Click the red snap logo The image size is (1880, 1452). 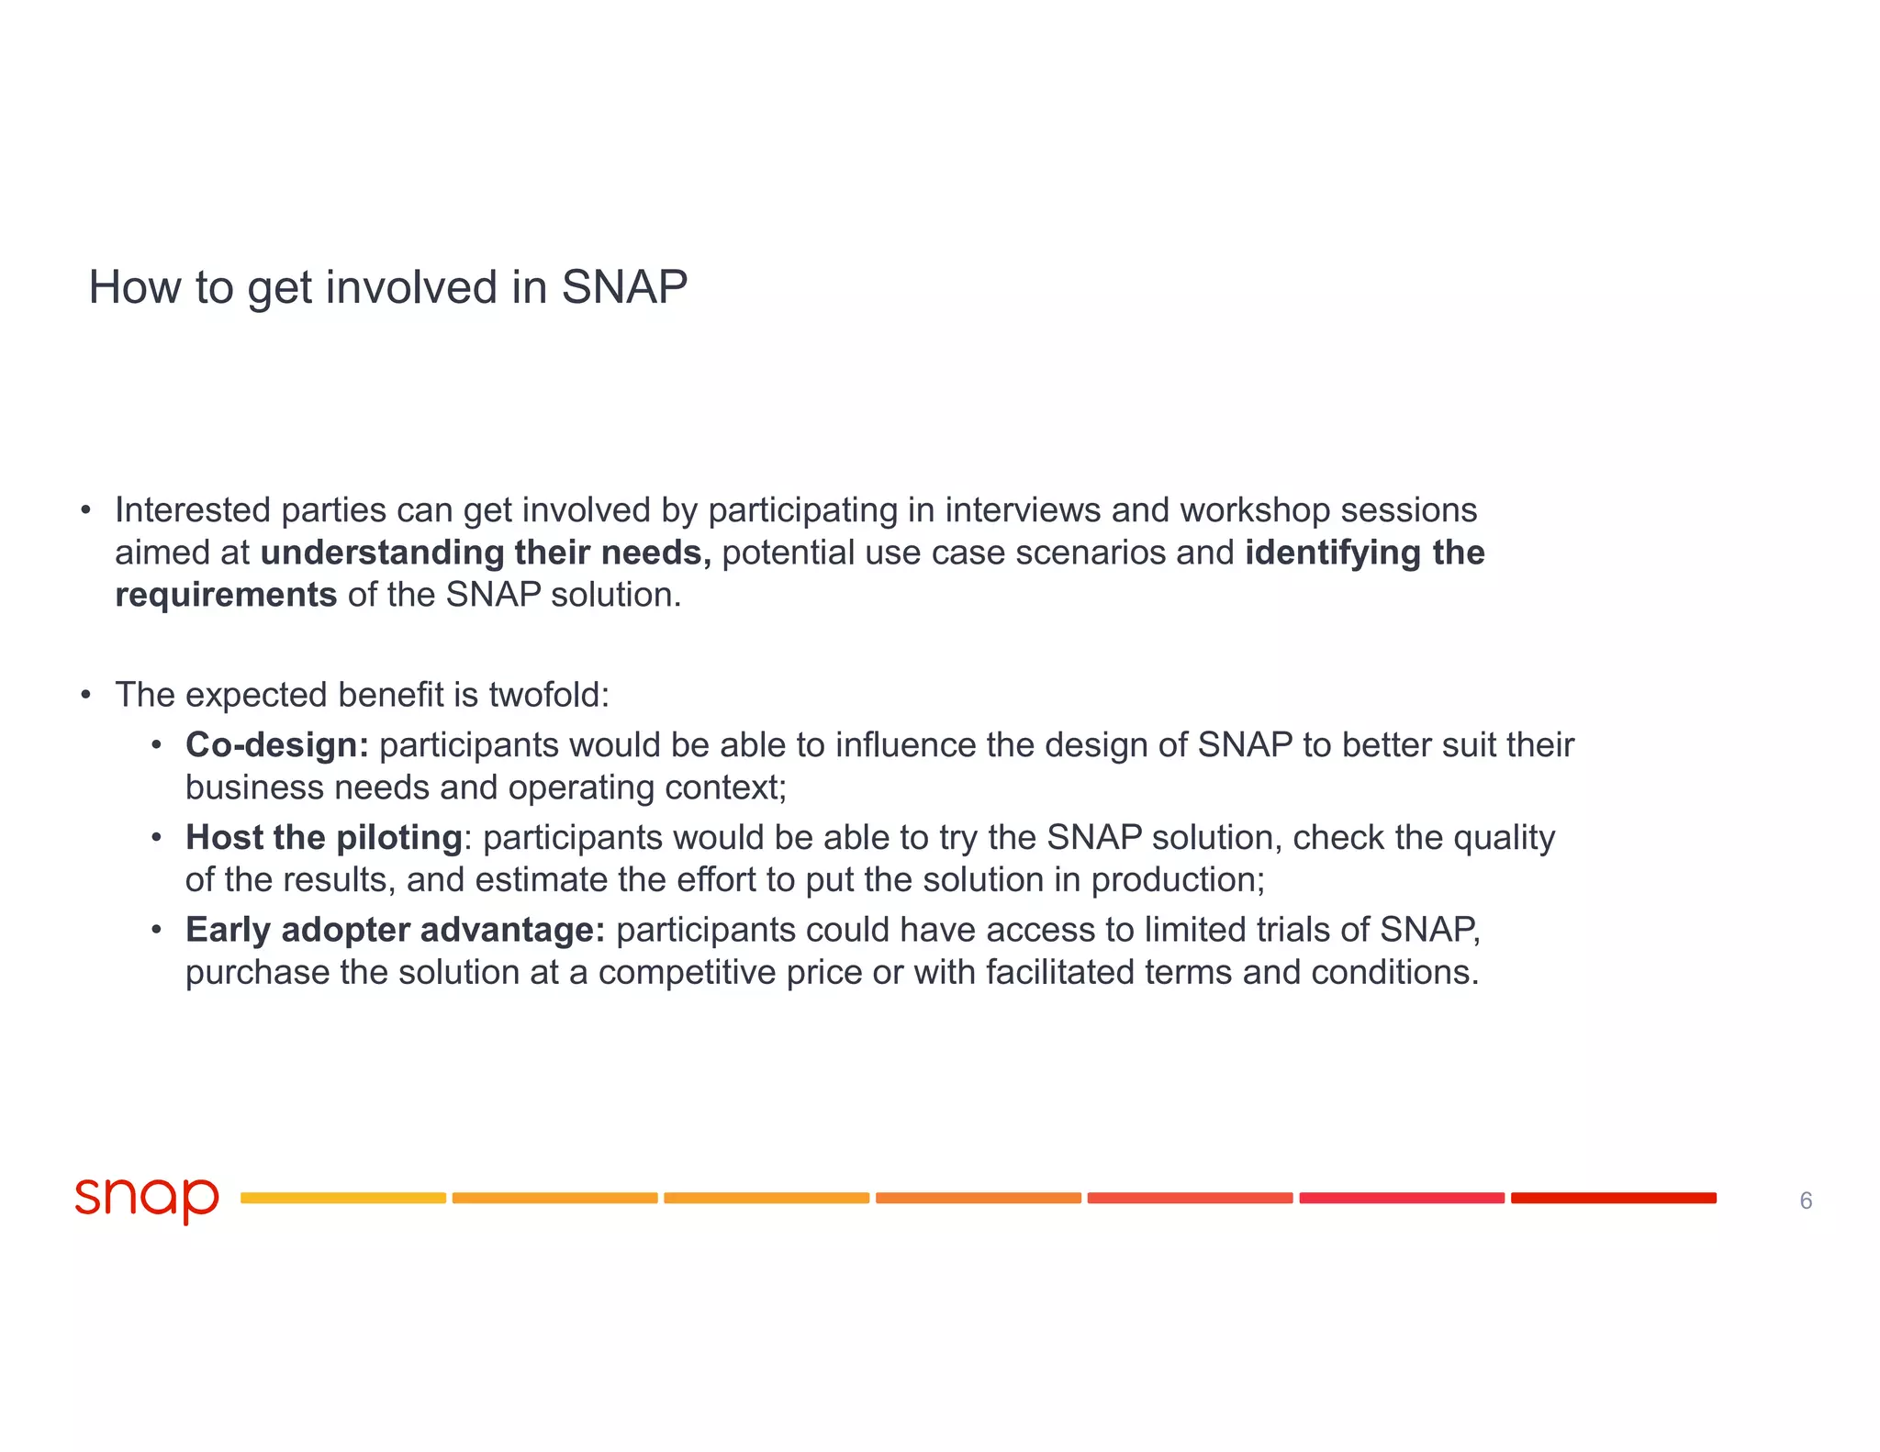(147, 1199)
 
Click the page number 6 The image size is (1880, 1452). (1806, 1201)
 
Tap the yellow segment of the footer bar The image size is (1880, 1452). (343, 1198)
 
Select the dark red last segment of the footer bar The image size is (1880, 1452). (1613, 1198)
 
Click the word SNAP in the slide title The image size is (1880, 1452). (624, 287)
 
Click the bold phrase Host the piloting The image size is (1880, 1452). (323, 838)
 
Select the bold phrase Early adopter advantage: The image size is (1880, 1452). (396, 930)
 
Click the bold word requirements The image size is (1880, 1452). (226, 595)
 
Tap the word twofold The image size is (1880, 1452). (548, 695)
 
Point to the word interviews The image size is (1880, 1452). (1023, 510)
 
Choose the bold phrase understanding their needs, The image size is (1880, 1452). (486, 553)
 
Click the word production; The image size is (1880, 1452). (1178, 880)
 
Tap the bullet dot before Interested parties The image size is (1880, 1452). (85, 510)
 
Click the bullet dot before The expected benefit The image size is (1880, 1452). (85, 695)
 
